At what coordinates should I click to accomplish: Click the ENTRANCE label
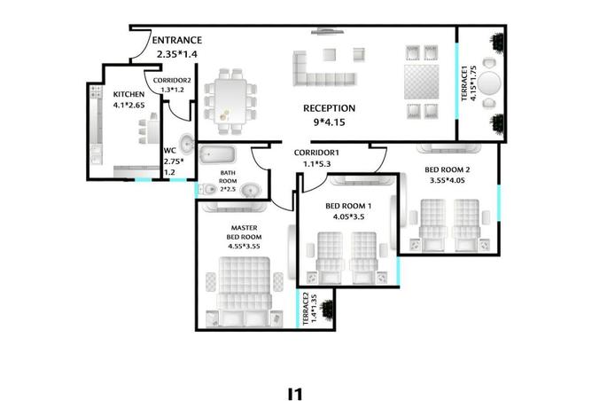point(176,40)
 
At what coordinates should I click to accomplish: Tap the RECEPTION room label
point(329,108)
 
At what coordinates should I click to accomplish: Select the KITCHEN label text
point(129,94)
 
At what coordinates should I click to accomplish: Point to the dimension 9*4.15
point(329,122)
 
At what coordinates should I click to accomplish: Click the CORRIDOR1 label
point(316,153)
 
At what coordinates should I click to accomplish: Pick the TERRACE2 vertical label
point(306,308)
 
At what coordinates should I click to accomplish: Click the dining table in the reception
point(230,101)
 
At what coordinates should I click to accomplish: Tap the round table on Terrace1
point(489,83)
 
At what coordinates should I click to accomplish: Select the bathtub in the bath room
point(217,155)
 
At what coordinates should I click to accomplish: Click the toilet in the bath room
point(206,189)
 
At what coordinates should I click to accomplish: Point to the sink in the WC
point(186,143)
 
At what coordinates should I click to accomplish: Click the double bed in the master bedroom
point(245,291)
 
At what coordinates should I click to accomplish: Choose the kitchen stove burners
point(96,92)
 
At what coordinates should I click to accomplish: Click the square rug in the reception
point(422,82)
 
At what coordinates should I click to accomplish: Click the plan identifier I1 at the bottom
point(295,393)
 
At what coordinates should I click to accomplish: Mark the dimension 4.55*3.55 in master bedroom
point(244,247)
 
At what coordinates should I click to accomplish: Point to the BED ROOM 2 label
point(448,169)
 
